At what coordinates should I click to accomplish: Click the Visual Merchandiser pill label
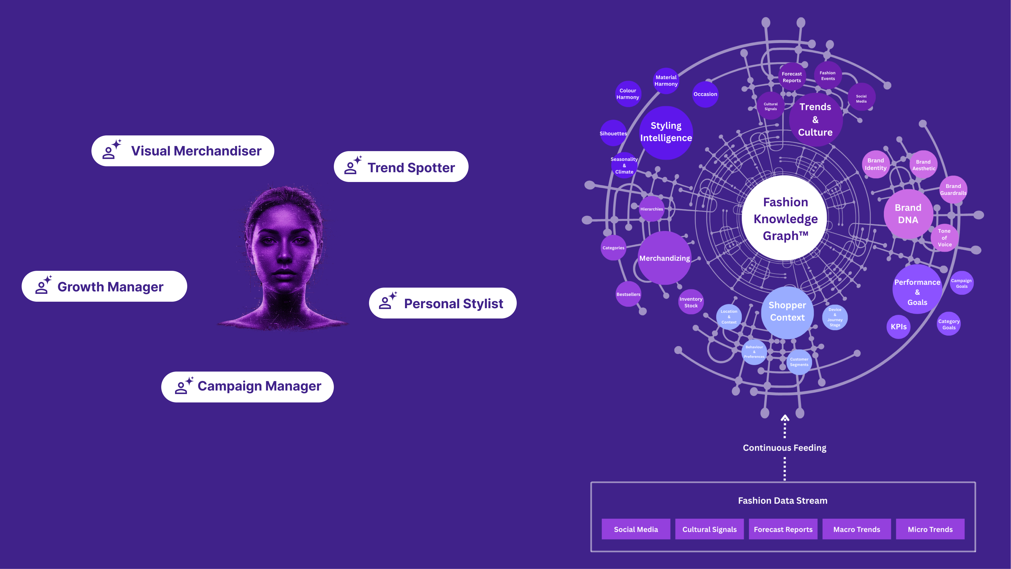coord(183,151)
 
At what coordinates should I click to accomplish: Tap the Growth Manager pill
coord(104,287)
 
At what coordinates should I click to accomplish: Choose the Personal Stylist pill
coord(442,303)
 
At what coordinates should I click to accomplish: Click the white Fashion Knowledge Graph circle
coord(785,219)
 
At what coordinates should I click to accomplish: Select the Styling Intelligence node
coord(666,132)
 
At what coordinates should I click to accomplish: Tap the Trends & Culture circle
coord(815,119)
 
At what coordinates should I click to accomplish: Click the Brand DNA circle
coord(908,214)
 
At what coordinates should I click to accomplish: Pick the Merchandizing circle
coord(664,258)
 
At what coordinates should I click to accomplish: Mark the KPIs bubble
coord(898,327)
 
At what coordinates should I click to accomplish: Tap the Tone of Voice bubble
coord(944,238)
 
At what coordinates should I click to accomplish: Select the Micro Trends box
coord(930,529)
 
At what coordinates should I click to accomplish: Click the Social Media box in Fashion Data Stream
coord(636,529)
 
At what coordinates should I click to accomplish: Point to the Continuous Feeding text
coord(784,448)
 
